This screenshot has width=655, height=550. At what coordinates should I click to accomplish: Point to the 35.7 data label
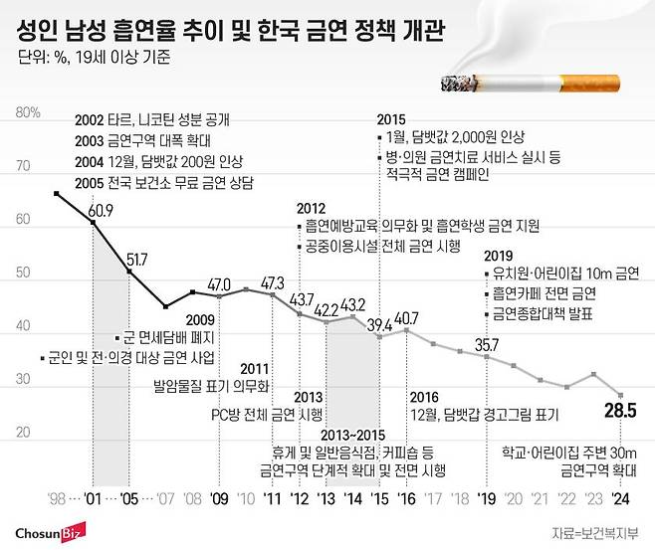(x=487, y=344)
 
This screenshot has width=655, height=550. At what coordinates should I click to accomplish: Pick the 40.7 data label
(x=407, y=318)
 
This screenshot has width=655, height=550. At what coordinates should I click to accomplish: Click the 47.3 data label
(x=272, y=283)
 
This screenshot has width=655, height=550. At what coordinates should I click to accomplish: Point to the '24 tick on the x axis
(x=621, y=498)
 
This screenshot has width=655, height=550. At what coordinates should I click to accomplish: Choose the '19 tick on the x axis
(x=487, y=498)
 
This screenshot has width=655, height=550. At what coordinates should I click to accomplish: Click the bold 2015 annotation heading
(x=391, y=120)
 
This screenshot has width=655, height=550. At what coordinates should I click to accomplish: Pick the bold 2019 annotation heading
(x=498, y=255)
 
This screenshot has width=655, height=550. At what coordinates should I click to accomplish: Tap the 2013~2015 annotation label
(x=348, y=434)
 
